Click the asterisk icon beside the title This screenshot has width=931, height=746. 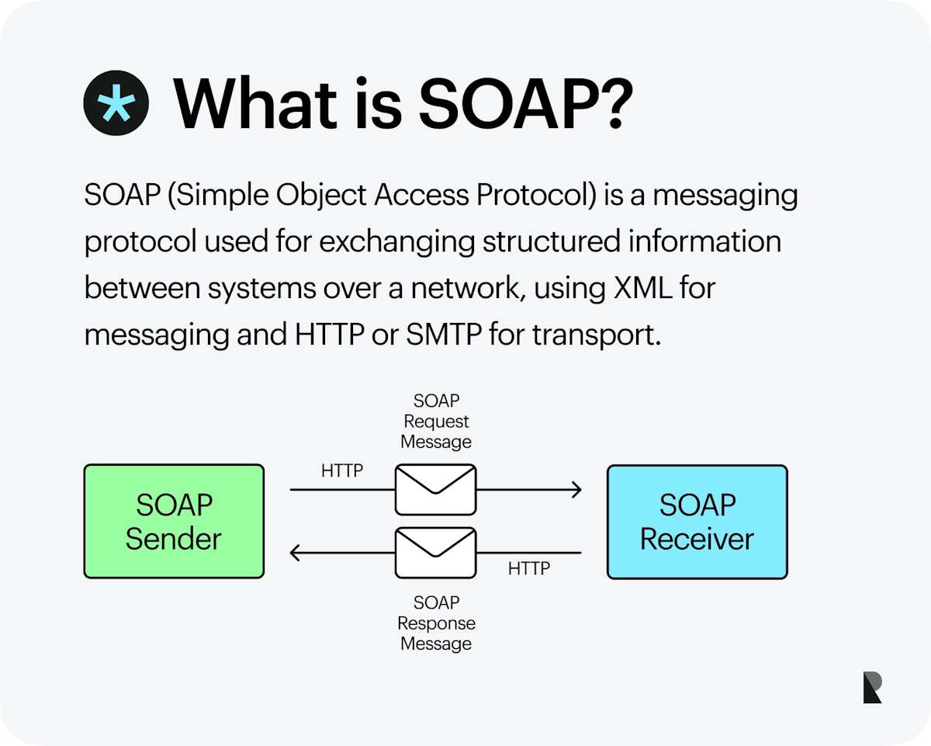click(116, 108)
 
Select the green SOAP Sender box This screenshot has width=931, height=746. click(174, 522)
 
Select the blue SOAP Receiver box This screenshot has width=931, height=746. click(697, 522)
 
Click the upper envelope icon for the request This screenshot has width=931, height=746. click(435, 490)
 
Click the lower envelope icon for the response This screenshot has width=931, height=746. click(435, 553)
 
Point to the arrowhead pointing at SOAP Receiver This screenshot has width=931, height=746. click(576, 490)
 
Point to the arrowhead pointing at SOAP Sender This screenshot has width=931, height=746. click(296, 553)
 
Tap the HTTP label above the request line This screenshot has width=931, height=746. click(341, 471)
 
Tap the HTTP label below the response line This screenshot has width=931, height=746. click(528, 569)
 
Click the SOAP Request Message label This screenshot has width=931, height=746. click(435, 422)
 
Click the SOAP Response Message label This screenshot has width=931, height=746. click(435, 623)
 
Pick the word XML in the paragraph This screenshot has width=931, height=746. click(633, 289)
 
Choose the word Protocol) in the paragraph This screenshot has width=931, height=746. click(535, 196)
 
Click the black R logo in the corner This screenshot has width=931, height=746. click(872, 688)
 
